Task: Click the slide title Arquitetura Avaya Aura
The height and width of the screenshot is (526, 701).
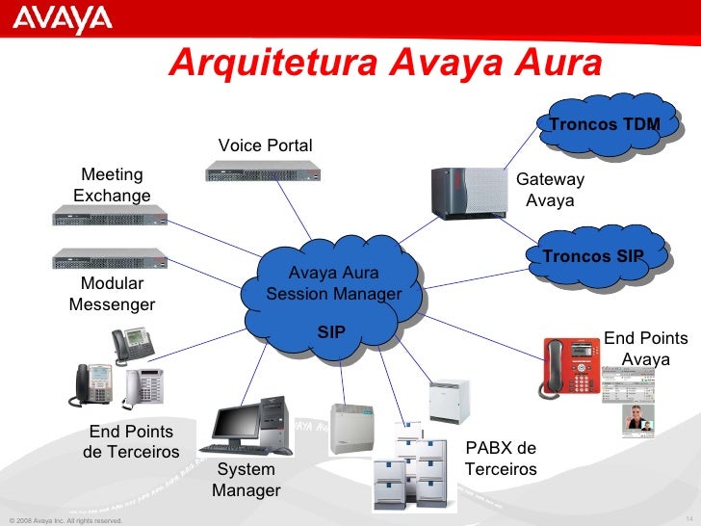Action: point(385,64)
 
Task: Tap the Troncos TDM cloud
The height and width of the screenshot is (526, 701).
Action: point(604,124)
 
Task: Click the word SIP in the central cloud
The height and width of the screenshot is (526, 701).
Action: point(331,332)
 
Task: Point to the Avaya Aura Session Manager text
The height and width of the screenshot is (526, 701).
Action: point(333,283)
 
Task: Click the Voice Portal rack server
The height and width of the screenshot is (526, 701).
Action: point(263,172)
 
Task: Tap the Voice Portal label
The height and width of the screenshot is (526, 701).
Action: point(265,145)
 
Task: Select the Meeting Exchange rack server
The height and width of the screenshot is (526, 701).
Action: point(110,218)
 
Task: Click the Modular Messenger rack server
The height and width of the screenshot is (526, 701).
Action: point(110,257)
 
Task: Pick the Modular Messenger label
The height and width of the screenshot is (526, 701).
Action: point(112,294)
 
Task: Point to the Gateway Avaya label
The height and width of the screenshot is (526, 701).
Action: point(550,190)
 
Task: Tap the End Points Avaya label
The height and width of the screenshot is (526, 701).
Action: point(645,348)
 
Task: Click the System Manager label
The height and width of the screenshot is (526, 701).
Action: point(246,480)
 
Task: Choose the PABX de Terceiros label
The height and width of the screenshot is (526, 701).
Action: point(501,459)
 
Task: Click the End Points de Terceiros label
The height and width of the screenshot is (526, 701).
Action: point(131,441)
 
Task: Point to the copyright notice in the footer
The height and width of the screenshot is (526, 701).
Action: point(65,520)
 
